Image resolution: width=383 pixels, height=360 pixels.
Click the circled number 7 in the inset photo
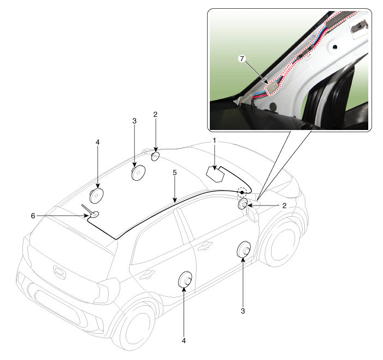point(242,58)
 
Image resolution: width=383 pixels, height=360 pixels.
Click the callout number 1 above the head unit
point(214,140)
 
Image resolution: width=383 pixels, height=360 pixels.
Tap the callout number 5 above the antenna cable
point(174,173)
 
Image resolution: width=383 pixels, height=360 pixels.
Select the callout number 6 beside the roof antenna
point(33,216)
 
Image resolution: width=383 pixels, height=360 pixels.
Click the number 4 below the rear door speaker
point(184,340)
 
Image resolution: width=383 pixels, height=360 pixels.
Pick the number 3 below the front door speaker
point(243,311)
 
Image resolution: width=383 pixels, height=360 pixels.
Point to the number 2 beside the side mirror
point(284,205)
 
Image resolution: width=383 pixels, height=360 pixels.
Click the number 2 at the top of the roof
point(155,114)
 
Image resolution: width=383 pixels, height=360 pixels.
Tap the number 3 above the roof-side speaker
point(134,121)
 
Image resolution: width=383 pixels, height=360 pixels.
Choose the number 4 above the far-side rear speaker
point(97,142)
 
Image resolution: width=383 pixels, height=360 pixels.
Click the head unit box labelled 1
point(215,174)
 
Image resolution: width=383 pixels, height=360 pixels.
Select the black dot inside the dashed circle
point(242,192)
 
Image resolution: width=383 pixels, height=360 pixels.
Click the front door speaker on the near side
point(244,250)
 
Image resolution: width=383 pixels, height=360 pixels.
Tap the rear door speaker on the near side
point(185,280)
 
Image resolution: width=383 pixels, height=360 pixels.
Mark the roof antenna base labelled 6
point(95,215)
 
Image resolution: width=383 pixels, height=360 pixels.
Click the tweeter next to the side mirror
point(243,204)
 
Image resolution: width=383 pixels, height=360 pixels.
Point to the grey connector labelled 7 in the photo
point(273,87)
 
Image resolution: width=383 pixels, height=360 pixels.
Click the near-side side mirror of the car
point(252,215)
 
